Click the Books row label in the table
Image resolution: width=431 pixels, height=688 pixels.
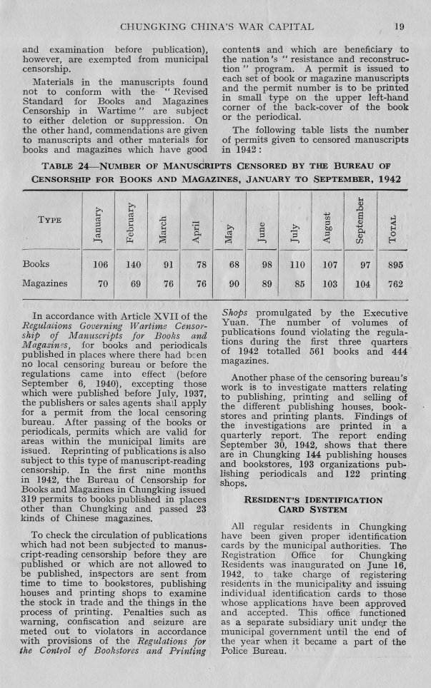tap(36, 264)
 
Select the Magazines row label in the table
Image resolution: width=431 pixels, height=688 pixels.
tap(46, 283)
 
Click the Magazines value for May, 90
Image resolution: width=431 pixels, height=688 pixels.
tap(233, 283)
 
